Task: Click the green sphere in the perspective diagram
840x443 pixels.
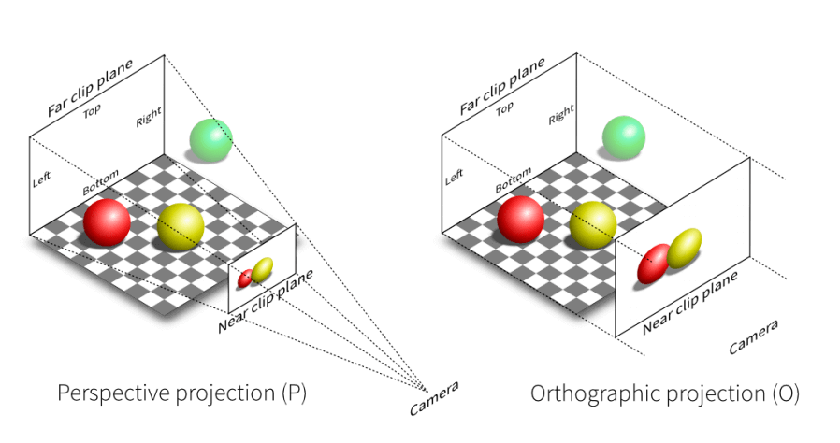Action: pyautogui.click(x=211, y=139)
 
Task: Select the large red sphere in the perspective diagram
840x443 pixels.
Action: pyautogui.click(x=107, y=222)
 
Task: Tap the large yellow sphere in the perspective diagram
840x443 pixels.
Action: pyautogui.click(x=181, y=227)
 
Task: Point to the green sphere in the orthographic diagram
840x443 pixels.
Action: pyautogui.click(x=624, y=137)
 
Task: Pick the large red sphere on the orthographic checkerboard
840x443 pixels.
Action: pyautogui.click(x=521, y=220)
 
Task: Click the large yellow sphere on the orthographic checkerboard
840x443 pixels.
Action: pyautogui.click(x=593, y=225)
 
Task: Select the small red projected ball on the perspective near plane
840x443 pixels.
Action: pyautogui.click(x=245, y=279)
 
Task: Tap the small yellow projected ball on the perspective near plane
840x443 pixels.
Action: pyautogui.click(x=262, y=270)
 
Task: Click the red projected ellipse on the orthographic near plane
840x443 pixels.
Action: pyautogui.click(x=654, y=264)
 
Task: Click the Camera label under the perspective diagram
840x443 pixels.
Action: pyautogui.click(x=434, y=398)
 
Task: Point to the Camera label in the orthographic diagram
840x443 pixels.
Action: pyautogui.click(x=753, y=336)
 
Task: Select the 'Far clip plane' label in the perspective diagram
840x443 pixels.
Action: pyautogui.click(x=90, y=88)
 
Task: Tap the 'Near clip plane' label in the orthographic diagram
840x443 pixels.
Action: pyautogui.click(x=690, y=303)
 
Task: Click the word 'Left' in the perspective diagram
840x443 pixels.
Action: pyautogui.click(x=42, y=179)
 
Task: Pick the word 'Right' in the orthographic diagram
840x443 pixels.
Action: pyautogui.click(x=561, y=115)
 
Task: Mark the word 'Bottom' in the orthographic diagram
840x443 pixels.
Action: pyautogui.click(x=514, y=179)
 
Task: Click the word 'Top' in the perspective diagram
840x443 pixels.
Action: pyautogui.click(x=92, y=111)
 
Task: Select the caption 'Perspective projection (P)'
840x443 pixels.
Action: pyautogui.click(x=182, y=393)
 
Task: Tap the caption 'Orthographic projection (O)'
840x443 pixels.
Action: pyautogui.click(x=665, y=393)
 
